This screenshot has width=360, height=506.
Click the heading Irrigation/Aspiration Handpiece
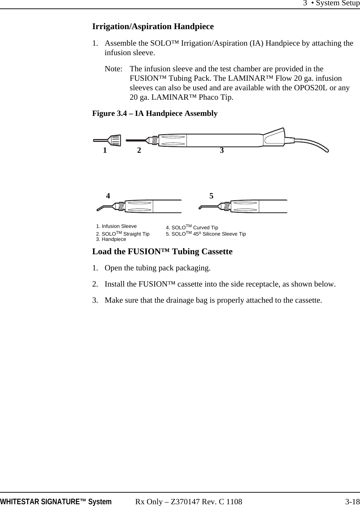pyautogui.click(x=153, y=27)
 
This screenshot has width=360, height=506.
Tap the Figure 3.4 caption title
pyautogui.click(x=155, y=113)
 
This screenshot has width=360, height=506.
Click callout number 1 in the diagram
pyautogui.click(x=105, y=151)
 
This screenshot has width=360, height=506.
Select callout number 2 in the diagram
pyautogui.click(x=139, y=151)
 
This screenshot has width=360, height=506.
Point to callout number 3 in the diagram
pyautogui.click(x=222, y=150)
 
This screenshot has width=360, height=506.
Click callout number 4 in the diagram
pyautogui.click(x=108, y=196)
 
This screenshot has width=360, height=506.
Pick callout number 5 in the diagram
pyautogui.click(x=211, y=196)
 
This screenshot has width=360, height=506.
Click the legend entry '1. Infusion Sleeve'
pyautogui.click(x=116, y=226)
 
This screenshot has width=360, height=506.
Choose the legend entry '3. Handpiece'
pyautogui.click(x=111, y=239)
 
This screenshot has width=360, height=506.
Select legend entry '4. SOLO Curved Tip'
pyautogui.click(x=192, y=228)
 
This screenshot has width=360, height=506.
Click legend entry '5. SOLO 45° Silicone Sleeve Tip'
pyautogui.click(x=206, y=234)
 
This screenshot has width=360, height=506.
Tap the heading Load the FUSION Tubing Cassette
pyautogui.click(x=162, y=251)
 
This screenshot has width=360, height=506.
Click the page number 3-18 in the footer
pyautogui.click(x=352, y=501)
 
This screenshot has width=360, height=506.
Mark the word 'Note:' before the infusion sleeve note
pyautogui.click(x=113, y=69)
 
